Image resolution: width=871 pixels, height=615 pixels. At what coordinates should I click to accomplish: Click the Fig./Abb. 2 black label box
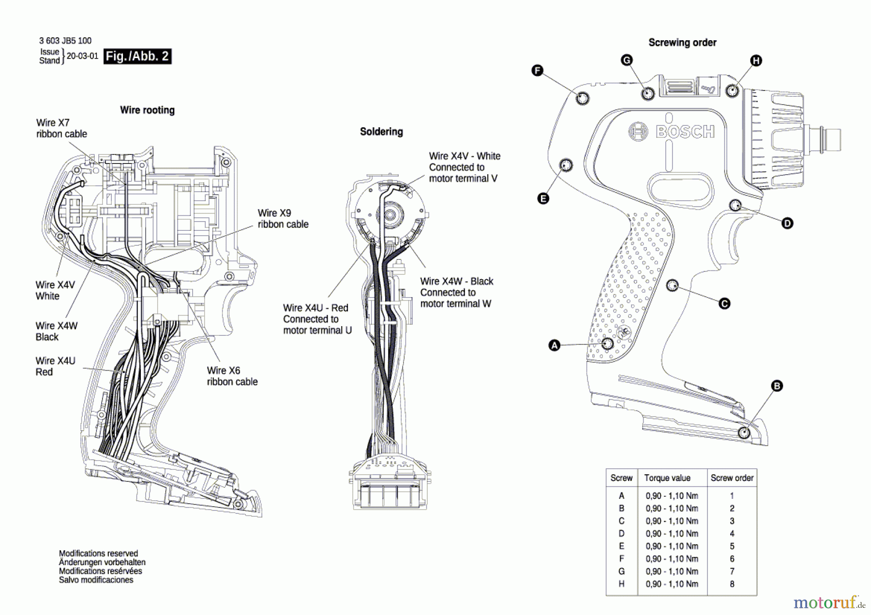tap(137, 56)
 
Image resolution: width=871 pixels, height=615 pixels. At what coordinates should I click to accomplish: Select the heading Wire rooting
tap(147, 110)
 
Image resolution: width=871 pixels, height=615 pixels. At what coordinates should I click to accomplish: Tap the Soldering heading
tap(381, 132)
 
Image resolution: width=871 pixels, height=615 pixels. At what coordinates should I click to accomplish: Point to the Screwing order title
tap(682, 43)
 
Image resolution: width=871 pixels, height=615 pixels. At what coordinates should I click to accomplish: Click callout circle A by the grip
tap(555, 345)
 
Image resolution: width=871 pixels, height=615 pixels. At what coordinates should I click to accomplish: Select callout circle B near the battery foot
tap(777, 386)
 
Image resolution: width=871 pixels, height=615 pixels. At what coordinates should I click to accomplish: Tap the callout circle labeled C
tap(724, 303)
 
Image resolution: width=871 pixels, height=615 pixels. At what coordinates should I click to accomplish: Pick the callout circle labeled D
tap(787, 223)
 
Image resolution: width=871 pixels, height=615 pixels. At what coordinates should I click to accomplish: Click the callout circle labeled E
tap(543, 198)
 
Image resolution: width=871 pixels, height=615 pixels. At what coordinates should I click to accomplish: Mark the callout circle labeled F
tap(537, 71)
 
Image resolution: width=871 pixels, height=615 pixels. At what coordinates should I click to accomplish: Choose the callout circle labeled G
tap(627, 60)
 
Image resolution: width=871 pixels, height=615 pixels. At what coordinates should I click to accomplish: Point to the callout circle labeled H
tap(756, 60)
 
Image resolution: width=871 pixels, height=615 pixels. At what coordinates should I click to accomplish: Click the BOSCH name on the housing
tap(685, 132)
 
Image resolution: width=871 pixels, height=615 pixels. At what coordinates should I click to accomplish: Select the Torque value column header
tap(667, 478)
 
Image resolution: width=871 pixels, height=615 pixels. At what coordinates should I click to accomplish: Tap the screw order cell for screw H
tap(732, 584)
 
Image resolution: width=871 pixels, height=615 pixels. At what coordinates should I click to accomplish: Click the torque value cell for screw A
tap(672, 496)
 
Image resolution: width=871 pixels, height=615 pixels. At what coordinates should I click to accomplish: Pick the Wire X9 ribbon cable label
tap(283, 219)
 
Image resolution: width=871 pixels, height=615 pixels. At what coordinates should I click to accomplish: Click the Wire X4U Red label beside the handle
tap(55, 366)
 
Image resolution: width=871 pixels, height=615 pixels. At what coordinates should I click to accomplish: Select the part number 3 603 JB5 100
tap(65, 41)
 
